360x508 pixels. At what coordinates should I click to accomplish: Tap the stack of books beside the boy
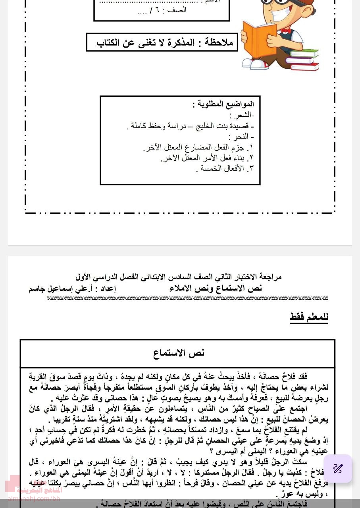point(304,60)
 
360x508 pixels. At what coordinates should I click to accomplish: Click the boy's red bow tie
point(285,31)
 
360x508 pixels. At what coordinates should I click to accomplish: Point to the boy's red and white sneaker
point(254,63)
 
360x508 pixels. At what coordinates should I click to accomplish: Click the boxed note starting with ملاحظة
point(162,42)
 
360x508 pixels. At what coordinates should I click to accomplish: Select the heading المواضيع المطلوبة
point(223,104)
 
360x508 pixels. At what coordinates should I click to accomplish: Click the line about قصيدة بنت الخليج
point(191,126)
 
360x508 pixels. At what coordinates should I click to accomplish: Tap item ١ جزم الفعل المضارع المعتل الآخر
point(198,148)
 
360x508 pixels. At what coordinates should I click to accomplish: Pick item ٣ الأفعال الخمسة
point(225,169)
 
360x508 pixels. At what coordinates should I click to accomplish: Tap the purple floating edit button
point(338,468)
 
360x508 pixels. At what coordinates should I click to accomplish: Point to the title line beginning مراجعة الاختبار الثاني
point(179,277)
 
